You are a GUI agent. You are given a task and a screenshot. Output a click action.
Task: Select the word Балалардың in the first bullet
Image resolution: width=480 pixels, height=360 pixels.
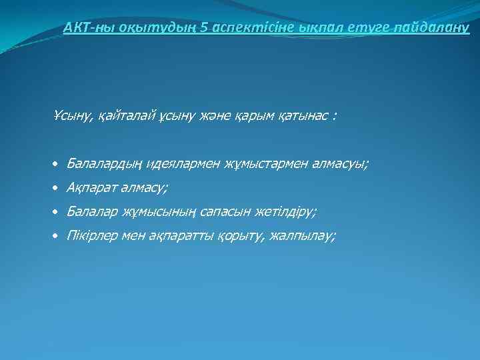pyautogui.click(x=104, y=164)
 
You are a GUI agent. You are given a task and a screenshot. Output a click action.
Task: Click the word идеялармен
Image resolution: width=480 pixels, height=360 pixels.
pyautogui.click(x=181, y=164)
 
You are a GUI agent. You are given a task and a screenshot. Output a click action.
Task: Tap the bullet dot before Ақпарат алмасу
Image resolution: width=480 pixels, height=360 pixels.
pyautogui.click(x=57, y=189)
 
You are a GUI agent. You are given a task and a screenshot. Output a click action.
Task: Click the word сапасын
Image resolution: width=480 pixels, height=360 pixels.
pyautogui.click(x=216, y=212)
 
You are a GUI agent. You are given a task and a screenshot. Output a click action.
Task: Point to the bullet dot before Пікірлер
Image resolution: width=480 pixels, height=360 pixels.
pyautogui.click(x=57, y=237)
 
